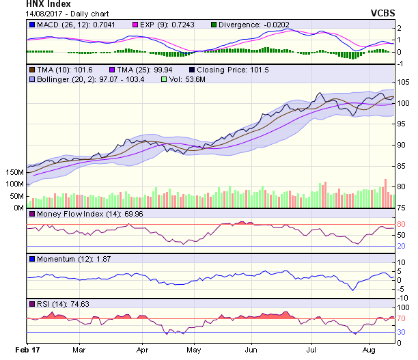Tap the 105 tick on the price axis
tap(403, 82)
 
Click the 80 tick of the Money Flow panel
tap(401, 224)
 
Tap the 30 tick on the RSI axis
tap(401, 332)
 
